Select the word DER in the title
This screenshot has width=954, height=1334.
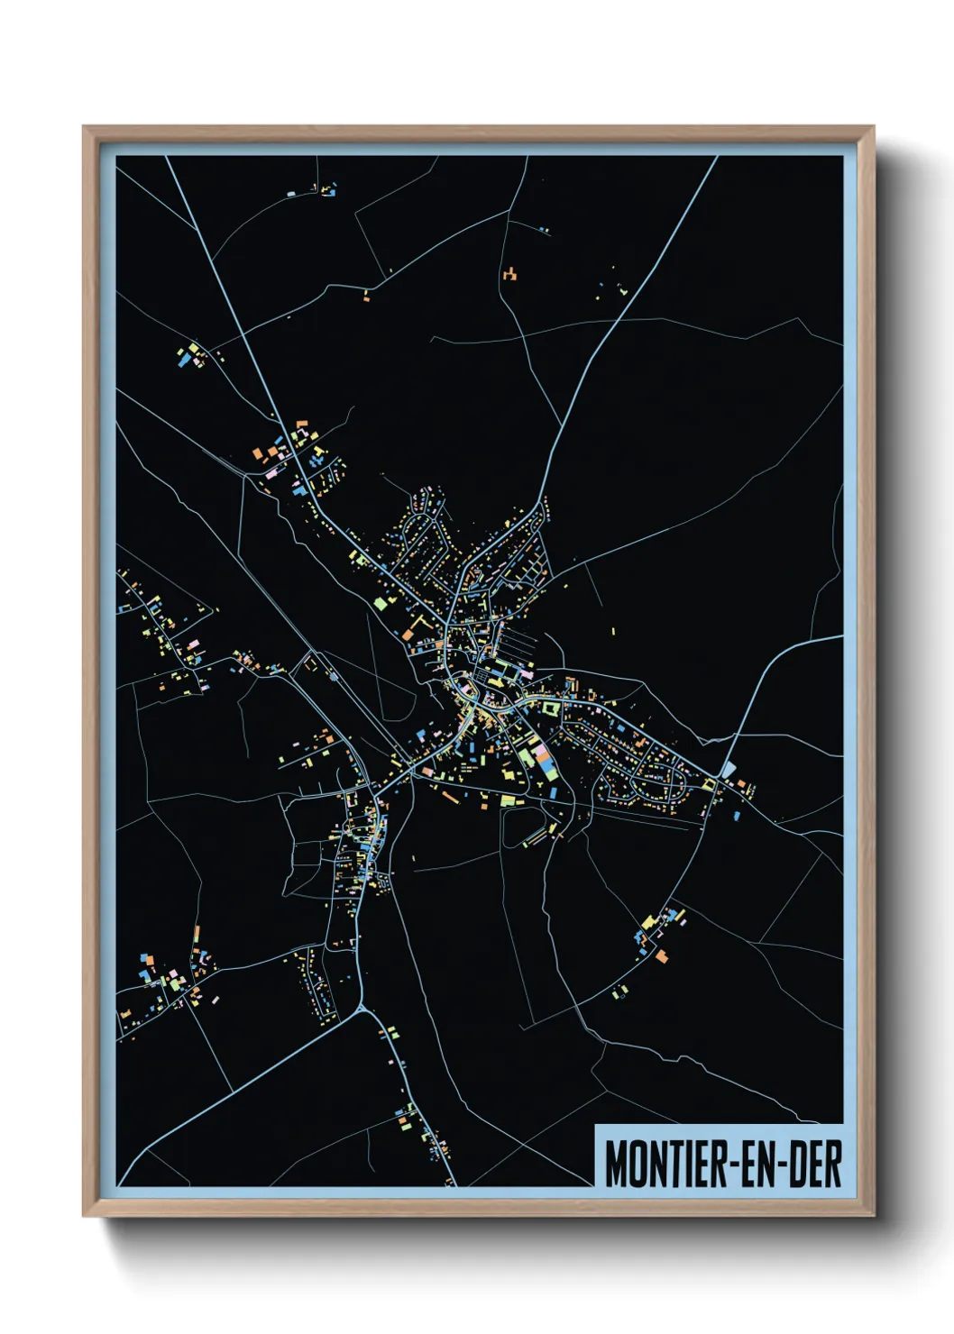coord(815,1164)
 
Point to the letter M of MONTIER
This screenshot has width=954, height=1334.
coord(616,1164)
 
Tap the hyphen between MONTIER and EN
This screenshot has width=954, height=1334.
coord(732,1164)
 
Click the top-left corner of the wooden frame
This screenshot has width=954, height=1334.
coord(84,127)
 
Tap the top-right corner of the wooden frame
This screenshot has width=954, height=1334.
coord(873,127)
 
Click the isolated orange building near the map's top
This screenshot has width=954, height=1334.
coord(510,273)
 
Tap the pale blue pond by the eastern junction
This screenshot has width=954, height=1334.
coord(729,768)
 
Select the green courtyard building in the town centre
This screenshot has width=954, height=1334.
coord(549,708)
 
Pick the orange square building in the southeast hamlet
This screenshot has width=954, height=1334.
coord(662,955)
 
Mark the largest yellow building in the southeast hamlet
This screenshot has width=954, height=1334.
coord(649,922)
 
